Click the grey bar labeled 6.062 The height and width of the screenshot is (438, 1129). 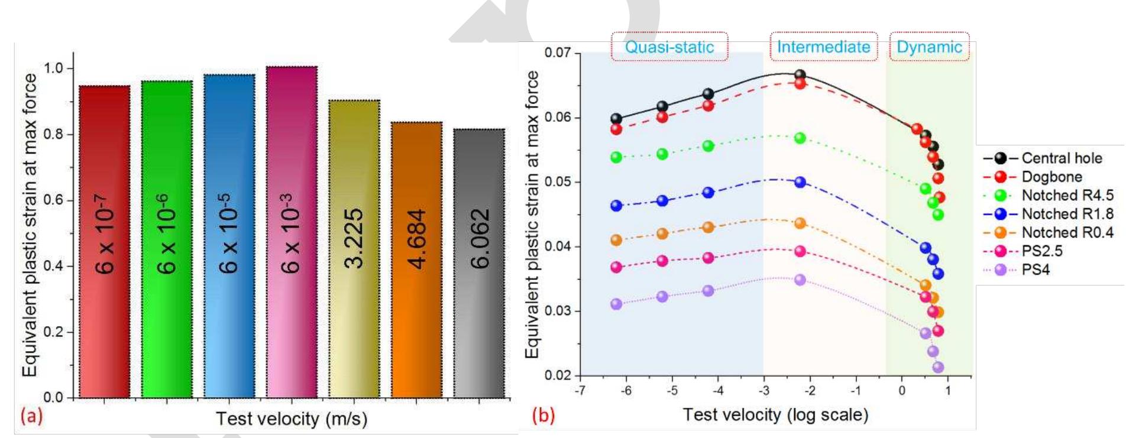click(479, 263)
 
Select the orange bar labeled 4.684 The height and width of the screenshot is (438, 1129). click(416, 260)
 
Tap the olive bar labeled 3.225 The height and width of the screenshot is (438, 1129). click(354, 248)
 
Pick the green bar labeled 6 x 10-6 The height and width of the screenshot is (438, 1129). click(167, 239)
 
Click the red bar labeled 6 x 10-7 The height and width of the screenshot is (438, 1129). click(105, 242)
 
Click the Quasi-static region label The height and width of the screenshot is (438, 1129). click(669, 47)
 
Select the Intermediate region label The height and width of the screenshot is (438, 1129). click(823, 47)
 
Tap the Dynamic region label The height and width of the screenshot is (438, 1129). click(929, 47)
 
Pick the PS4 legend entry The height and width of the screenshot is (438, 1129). click(1035, 270)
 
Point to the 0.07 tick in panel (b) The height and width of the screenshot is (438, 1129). click(558, 53)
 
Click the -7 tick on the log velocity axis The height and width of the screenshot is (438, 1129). click(580, 391)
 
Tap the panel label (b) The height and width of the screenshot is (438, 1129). click(543, 416)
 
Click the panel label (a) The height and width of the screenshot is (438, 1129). click(31, 417)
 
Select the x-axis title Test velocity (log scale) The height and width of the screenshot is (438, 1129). click(775, 414)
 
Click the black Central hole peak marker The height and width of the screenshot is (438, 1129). click(800, 75)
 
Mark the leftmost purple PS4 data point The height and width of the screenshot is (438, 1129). click(616, 304)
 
